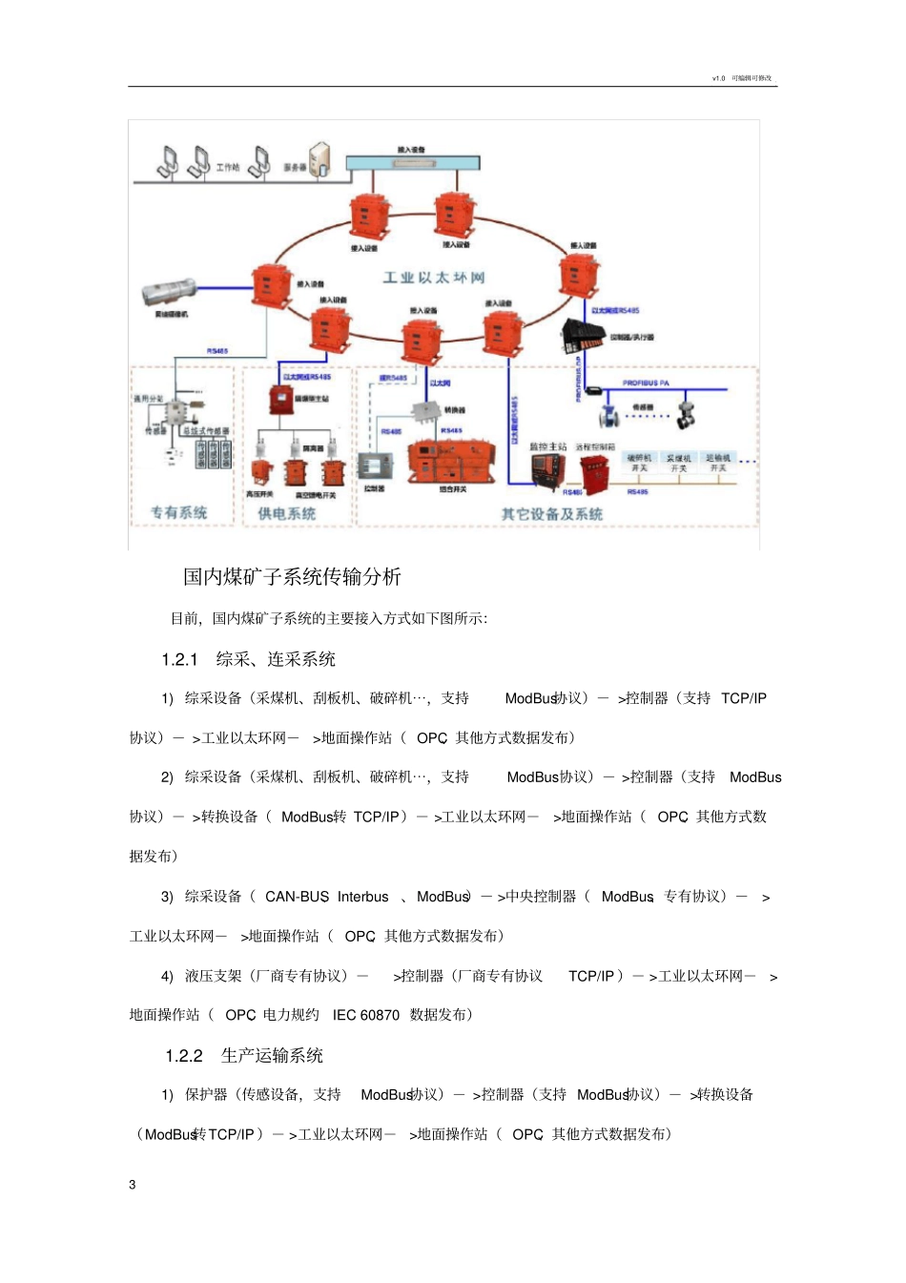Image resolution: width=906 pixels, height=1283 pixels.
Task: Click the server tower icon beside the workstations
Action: tap(319, 159)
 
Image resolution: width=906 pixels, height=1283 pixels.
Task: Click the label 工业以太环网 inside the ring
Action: tap(434, 278)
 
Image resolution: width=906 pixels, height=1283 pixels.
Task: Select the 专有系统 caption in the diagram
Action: tap(179, 512)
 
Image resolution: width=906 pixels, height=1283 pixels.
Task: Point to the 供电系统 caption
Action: tap(286, 513)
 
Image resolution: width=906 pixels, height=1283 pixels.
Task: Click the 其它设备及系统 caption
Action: tap(551, 514)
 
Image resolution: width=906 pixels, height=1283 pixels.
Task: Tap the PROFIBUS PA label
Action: tap(646, 383)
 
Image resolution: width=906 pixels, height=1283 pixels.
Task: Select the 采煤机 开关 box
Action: tap(678, 464)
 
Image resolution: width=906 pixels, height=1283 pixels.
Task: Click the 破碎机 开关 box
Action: tap(639, 464)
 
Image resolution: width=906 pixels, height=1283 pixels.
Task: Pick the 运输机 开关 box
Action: tap(718, 464)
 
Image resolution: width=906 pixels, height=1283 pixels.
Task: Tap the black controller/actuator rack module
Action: tap(583, 335)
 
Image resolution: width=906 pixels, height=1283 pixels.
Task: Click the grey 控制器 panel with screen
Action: tap(375, 466)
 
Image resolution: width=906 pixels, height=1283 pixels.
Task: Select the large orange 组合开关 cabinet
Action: tap(451, 460)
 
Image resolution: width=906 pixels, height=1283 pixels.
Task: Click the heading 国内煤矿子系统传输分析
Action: tap(292, 576)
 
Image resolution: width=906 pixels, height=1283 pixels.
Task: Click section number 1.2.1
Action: tap(179, 659)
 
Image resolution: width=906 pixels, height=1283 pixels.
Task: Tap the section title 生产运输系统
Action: tap(272, 1055)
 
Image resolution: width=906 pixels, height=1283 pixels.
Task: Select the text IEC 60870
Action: tap(365, 1015)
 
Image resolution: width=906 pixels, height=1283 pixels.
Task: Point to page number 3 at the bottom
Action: tap(133, 1185)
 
